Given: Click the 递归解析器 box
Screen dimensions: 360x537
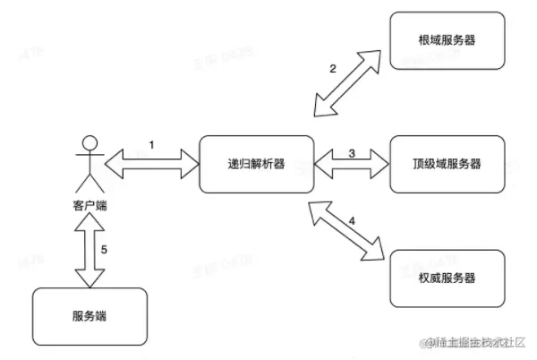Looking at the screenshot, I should point(256,164).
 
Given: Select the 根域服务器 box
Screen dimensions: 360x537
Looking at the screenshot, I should point(447,40).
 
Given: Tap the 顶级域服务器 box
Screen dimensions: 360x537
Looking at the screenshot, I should point(447,164).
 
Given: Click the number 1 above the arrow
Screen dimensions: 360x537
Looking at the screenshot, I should point(152,144).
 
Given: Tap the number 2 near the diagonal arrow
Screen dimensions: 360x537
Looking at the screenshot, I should point(333,69).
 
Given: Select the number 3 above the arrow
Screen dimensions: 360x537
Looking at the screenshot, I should point(352,152).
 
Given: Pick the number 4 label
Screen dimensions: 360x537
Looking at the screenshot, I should point(352,219).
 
